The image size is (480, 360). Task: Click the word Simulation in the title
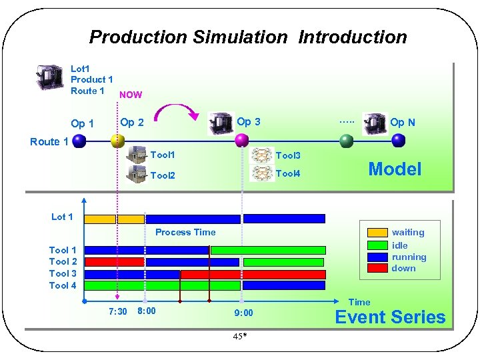pos(243,37)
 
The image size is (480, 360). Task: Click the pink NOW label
pos(130,95)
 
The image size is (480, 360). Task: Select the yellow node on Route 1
pos(117,141)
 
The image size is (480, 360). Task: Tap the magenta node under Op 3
pos(241,141)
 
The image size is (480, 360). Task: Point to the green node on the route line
pos(346,141)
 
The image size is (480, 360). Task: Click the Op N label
pos(402,122)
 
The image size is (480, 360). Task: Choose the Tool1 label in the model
pos(163,155)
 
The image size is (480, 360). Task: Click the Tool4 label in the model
pos(288,173)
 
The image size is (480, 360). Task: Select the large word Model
pos(395,169)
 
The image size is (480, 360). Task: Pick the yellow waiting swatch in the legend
pos(378,233)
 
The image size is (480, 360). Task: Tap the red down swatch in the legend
pos(378,268)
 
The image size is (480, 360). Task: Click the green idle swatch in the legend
pos(378,245)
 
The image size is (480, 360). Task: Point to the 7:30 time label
pos(117,311)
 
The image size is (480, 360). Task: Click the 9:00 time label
pos(243,312)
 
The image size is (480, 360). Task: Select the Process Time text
pos(185,232)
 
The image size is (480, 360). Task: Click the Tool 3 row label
pos(63,273)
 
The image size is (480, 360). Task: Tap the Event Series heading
pos(390,317)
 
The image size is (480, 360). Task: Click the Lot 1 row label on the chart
pos(62,217)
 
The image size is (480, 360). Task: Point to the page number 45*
pos(240,336)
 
